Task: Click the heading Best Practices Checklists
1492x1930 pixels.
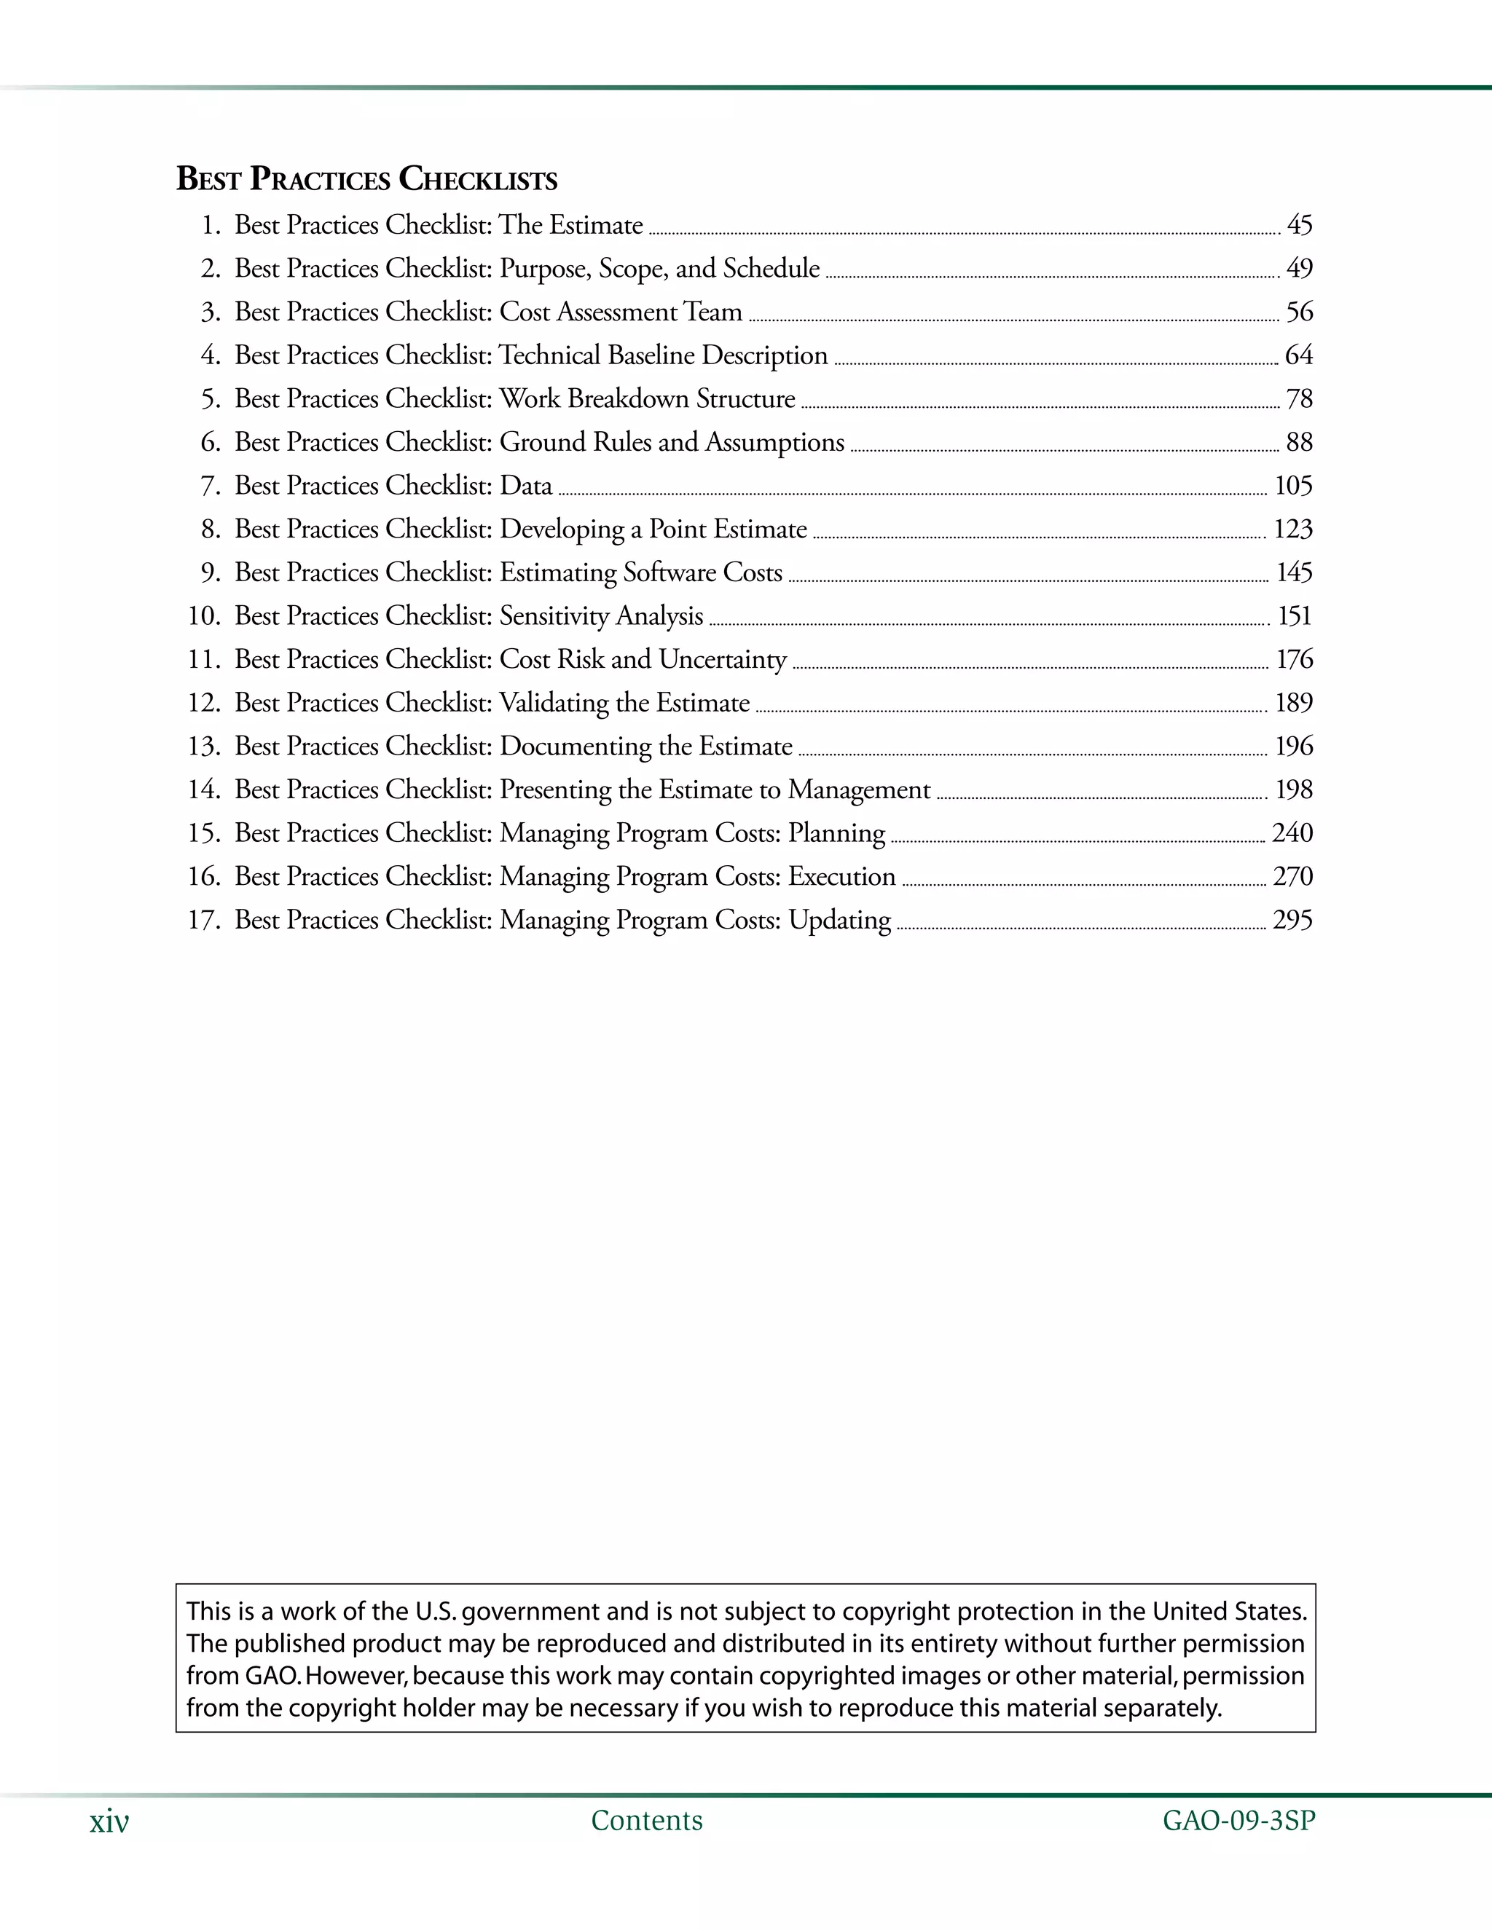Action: (x=367, y=179)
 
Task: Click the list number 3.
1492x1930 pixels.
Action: (x=211, y=312)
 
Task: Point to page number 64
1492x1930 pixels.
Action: (x=1298, y=355)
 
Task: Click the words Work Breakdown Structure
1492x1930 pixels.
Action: (x=647, y=398)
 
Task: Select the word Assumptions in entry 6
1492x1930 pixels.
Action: (x=774, y=442)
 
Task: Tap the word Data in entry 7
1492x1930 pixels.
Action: (x=526, y=486)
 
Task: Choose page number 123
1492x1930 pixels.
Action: (x=1292, y=529)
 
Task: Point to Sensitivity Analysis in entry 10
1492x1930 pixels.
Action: (x=601, y=616)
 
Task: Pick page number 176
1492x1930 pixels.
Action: (x=1294, y=659)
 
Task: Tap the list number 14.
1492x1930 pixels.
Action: (x=203, y=790)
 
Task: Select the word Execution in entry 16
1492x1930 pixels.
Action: (x=841, y=877)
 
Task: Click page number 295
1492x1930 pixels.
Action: (x=1292, y=921)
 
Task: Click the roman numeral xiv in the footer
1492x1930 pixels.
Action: (x=109, y=1821)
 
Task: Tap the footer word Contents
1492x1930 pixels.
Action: (x=646, y=1821)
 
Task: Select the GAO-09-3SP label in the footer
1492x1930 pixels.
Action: (x=1238, y=1821)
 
